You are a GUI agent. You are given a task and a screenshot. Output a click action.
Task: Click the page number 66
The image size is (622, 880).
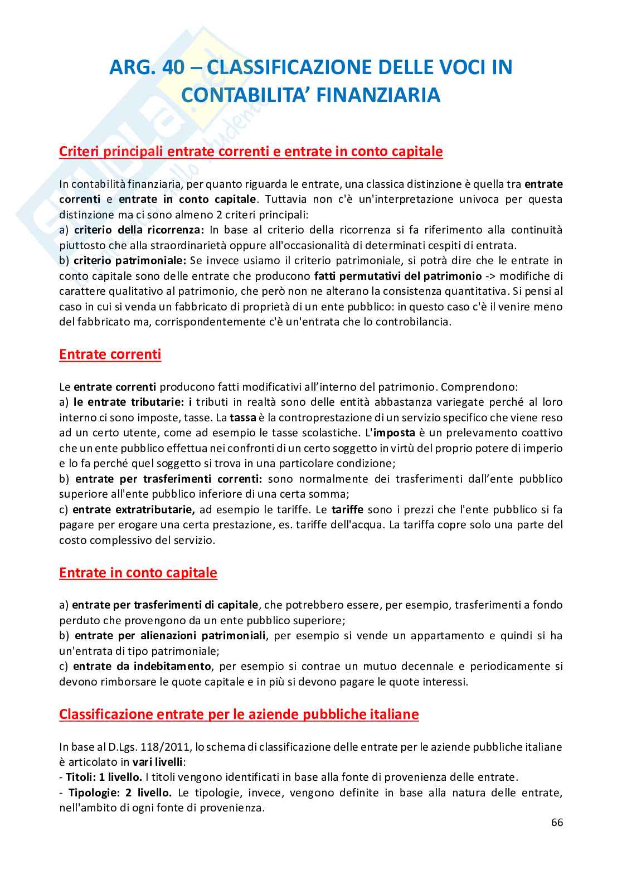[557, 823]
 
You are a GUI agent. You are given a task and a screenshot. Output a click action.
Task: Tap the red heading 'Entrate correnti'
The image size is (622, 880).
[110, 354]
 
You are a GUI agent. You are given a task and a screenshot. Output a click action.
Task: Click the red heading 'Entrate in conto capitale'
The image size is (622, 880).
[138, 573]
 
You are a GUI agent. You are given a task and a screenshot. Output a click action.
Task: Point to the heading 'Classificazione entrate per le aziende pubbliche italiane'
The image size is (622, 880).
[239, 714]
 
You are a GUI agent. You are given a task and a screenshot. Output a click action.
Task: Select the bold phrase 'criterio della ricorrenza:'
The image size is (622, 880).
[139, 230]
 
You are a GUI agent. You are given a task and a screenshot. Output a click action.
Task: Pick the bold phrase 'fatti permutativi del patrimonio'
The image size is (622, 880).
[397, 276]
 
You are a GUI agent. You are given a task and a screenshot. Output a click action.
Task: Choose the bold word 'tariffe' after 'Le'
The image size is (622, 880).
[347, 509]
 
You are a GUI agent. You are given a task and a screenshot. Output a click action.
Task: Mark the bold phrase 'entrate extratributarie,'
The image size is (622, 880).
[133, 509]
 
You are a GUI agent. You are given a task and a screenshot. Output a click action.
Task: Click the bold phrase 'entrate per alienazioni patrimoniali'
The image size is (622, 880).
[170, 635]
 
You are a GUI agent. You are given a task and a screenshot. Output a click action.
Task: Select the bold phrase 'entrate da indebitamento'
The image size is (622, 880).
[142, 666]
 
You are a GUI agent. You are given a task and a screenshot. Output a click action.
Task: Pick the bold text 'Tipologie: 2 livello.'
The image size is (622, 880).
[119, 793]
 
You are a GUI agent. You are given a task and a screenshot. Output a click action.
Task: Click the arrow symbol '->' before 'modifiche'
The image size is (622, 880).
[491, 276]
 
